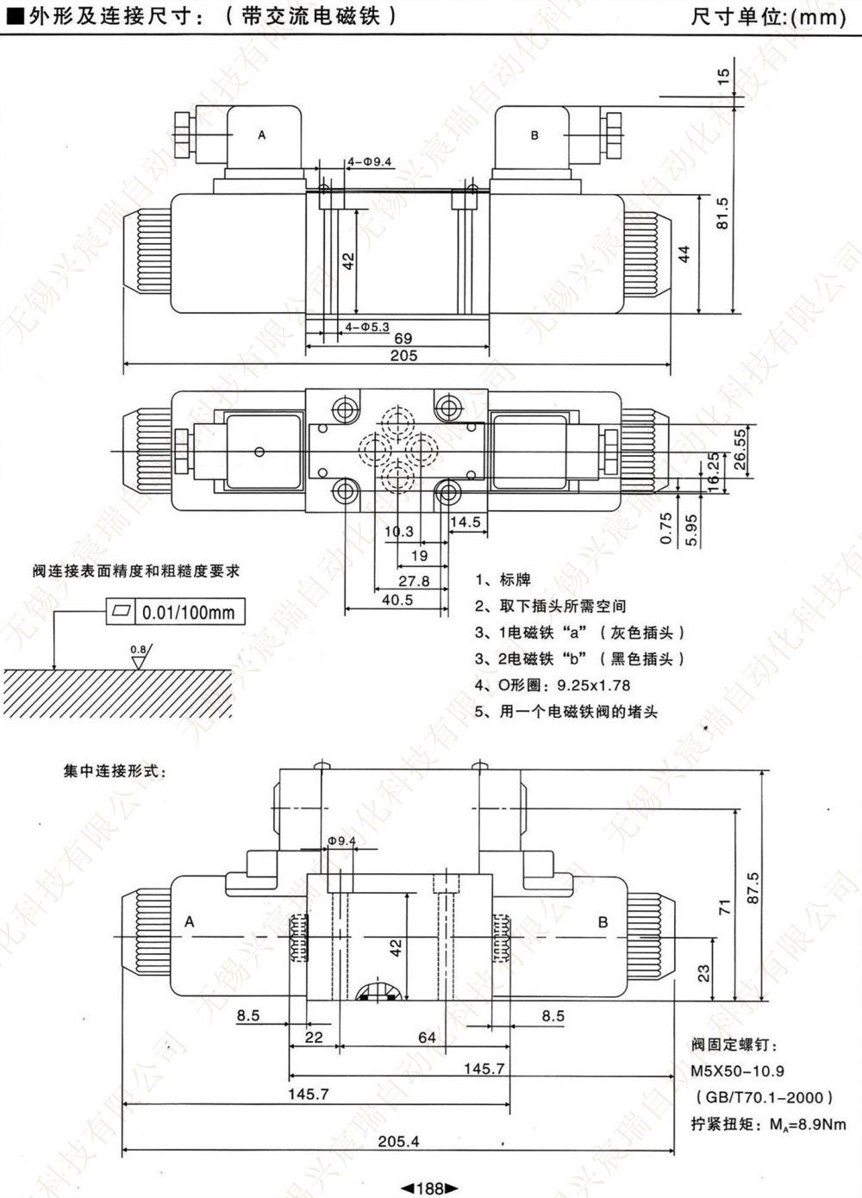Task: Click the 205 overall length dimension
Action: click(x=403, y=356)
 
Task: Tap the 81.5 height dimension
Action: click(x=722, y=214)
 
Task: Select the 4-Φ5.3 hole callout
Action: click(x=367, y=327)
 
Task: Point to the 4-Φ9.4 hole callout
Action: click(x=370, y=161)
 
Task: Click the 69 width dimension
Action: click(x=403, y=339)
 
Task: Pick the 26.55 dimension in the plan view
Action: click(x=740, y=449)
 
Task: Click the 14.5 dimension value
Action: click(x=465, y=521)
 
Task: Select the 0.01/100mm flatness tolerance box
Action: click(x=175, y=611)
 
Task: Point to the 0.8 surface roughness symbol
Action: click(x=140, y=657)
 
